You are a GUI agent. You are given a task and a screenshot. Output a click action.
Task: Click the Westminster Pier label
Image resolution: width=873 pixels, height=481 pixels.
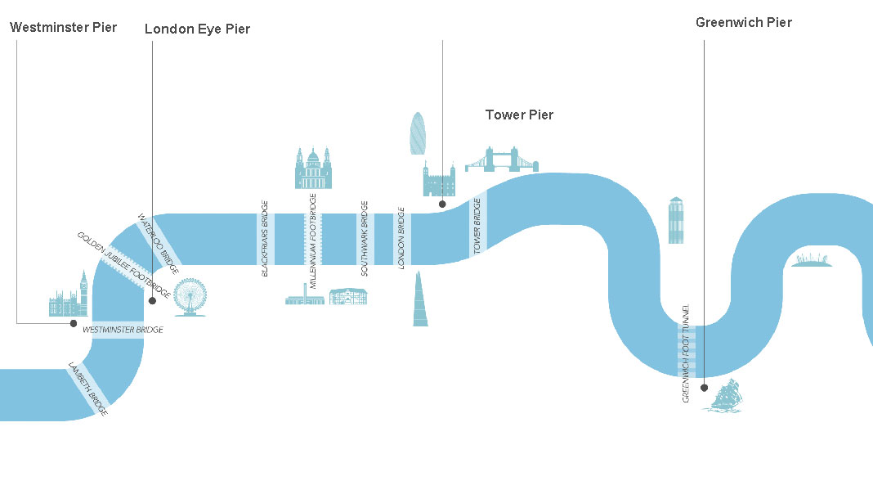pos(64,27)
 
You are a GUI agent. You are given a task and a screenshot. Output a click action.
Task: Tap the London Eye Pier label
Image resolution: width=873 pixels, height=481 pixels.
pos(197,29)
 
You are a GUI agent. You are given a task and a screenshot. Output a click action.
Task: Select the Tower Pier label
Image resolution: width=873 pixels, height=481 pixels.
pos(519,115)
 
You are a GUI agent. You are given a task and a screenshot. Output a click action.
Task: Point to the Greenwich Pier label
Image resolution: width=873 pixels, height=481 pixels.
pos(743,22)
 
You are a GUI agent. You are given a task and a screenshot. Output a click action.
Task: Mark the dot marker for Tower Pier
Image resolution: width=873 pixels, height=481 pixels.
pos(442,204)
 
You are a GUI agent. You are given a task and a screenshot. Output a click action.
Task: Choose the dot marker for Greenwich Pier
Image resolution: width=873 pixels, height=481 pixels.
pos(704,387)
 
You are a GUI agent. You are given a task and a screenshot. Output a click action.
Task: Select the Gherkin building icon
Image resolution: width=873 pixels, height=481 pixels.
pos(418,133)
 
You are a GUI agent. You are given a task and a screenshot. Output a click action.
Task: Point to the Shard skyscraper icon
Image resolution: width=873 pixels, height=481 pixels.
pos(419,299)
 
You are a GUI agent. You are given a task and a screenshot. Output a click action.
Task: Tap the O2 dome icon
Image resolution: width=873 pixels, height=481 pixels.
pos(811,260)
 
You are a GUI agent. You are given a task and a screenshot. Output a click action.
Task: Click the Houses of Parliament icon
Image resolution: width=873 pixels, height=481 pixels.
pos(68,296)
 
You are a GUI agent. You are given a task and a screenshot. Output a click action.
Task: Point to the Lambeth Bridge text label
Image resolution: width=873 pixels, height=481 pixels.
pos(88,389)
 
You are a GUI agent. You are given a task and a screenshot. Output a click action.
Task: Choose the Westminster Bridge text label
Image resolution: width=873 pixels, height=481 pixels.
pos(123,330)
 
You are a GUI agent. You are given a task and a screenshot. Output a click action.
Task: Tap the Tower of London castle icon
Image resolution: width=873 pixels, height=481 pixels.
pos(437,179)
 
